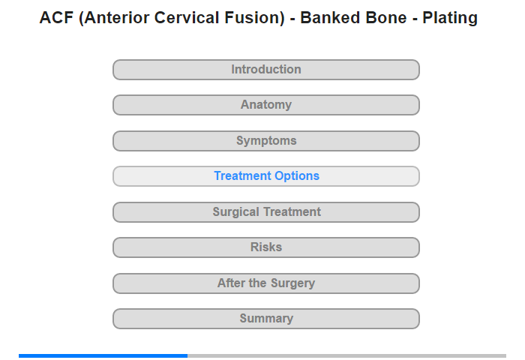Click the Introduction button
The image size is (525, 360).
(x=266, y=70)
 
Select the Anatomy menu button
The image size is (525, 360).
(x=266, y=105)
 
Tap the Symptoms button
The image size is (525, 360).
(x=266, y=141)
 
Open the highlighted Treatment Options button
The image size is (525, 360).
(x=266, y=176)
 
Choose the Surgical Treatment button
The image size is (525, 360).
(x=266, y=212)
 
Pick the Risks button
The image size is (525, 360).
(x=266, y=247)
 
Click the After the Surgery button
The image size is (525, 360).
(x=266, y=283)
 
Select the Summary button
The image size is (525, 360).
(x=266, y=319)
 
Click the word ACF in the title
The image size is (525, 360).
(x=56, y=18)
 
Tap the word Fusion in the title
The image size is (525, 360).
(x=254, y=18)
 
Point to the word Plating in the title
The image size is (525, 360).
(x=450, y=19)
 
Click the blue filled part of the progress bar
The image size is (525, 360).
(x=103, y=355)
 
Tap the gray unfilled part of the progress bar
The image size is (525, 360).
(x=346, y=355)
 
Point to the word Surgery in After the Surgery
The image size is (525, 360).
(x=292, y=283)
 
